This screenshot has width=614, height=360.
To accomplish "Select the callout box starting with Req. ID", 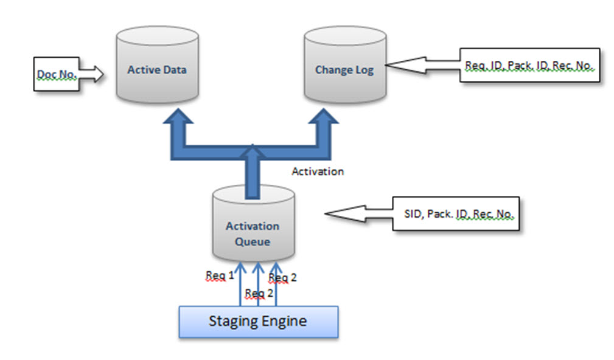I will [x=529, y=64].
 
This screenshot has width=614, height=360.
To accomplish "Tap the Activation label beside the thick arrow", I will [x=317, y=171].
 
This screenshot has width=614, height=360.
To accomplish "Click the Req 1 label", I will [x=220, y=275].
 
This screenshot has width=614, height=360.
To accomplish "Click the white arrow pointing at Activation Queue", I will [x=359, y=213].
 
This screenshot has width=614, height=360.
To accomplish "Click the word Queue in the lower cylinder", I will [x=253, y=241].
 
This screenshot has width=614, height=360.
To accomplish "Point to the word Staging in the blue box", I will [x=232, y=321].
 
